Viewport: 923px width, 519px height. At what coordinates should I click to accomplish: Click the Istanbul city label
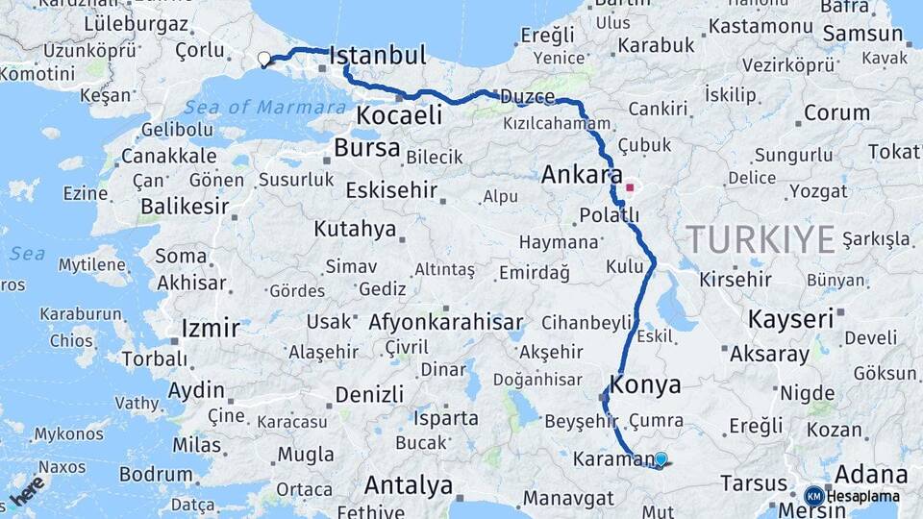click(x=377, y=57)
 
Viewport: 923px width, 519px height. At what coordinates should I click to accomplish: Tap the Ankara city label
click(x=582, y=175)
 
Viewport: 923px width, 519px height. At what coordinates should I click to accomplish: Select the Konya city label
click(x=646, y=385)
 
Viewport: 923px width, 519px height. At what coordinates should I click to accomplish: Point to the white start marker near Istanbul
click(x=264, y=60)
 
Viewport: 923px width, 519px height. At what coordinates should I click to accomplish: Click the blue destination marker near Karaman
click(x=661, y=459)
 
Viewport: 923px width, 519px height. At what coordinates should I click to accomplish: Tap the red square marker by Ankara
click(x=630, y=188)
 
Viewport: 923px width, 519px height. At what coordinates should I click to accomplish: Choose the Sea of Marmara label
click(x=264, y=107)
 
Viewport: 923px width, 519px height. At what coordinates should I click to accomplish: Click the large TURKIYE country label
click(x=760, y=238)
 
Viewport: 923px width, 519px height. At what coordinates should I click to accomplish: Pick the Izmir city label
click(x=211, y=329)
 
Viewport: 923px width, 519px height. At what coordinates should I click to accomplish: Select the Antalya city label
click(x=409, y=485)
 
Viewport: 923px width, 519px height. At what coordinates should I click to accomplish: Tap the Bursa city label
click(x=367, y=148)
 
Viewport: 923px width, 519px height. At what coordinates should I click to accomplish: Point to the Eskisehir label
click(x=390, y=189)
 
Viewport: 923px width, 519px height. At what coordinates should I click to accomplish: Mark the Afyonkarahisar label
click(x=445, y=322)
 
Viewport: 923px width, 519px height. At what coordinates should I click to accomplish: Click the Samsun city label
click(x=863, y=34)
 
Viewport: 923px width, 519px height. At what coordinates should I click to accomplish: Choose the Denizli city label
click(x=369, y=394)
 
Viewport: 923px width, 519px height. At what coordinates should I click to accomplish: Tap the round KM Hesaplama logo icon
click(x=813, y=496)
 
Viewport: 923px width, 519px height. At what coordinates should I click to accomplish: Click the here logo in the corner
click(x=27, y=490)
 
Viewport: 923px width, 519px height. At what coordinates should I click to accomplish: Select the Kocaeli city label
click(x=399, y=115)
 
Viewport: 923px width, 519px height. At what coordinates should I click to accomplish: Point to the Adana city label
click(x=871, y=475)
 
